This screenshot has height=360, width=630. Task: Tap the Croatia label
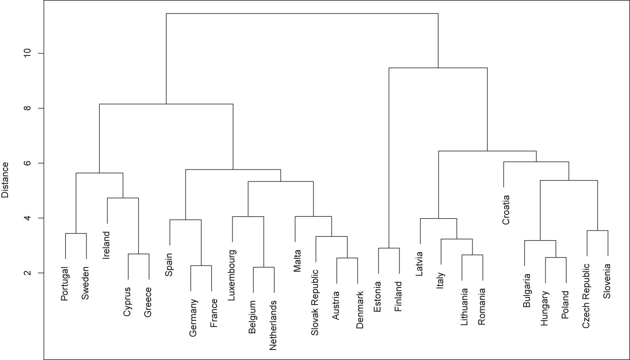coord(506,209)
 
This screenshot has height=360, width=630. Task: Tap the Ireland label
coord(107,245)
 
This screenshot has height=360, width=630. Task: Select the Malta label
coord(296,260)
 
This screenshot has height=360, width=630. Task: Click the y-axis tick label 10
coord(27,53)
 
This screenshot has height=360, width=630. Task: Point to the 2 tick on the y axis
coord(27,273)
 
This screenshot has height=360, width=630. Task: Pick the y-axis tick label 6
coord(27,163)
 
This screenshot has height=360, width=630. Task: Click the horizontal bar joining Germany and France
coord(201,265)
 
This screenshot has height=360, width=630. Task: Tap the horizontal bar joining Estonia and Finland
coord(389,248)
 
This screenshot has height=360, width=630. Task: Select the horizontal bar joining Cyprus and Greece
coord(138,254)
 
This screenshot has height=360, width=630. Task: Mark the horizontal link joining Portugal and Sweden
coord(76,233)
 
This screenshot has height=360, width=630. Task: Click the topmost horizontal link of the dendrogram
coord(302,14)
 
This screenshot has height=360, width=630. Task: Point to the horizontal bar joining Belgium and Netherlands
coord(263,267)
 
